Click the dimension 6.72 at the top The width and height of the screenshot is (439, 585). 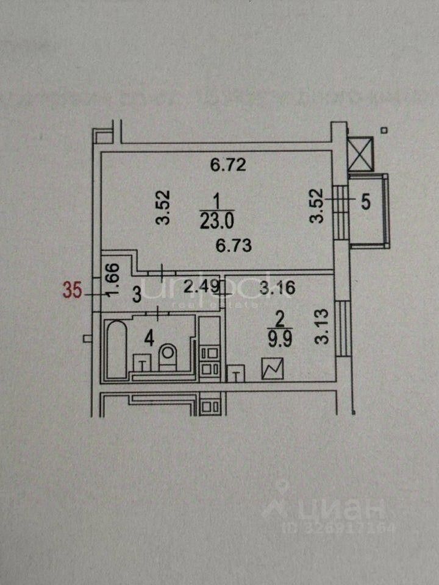pyautogui.click(x=228, y=165)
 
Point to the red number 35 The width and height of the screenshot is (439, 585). pyautogui.click(x=73, y=291)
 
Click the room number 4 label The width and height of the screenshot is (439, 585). pyautogui.click(x=147, y=336)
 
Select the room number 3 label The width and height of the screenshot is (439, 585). pyautogui.click(x=137, y=296)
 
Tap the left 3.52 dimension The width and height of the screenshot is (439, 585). pyautogui.click(x=162, y=208)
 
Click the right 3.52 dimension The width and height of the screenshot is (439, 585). pyautogui.click(x=315, y=208)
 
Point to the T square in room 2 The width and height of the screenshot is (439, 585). pyautogui.click(x=235, y=374)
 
